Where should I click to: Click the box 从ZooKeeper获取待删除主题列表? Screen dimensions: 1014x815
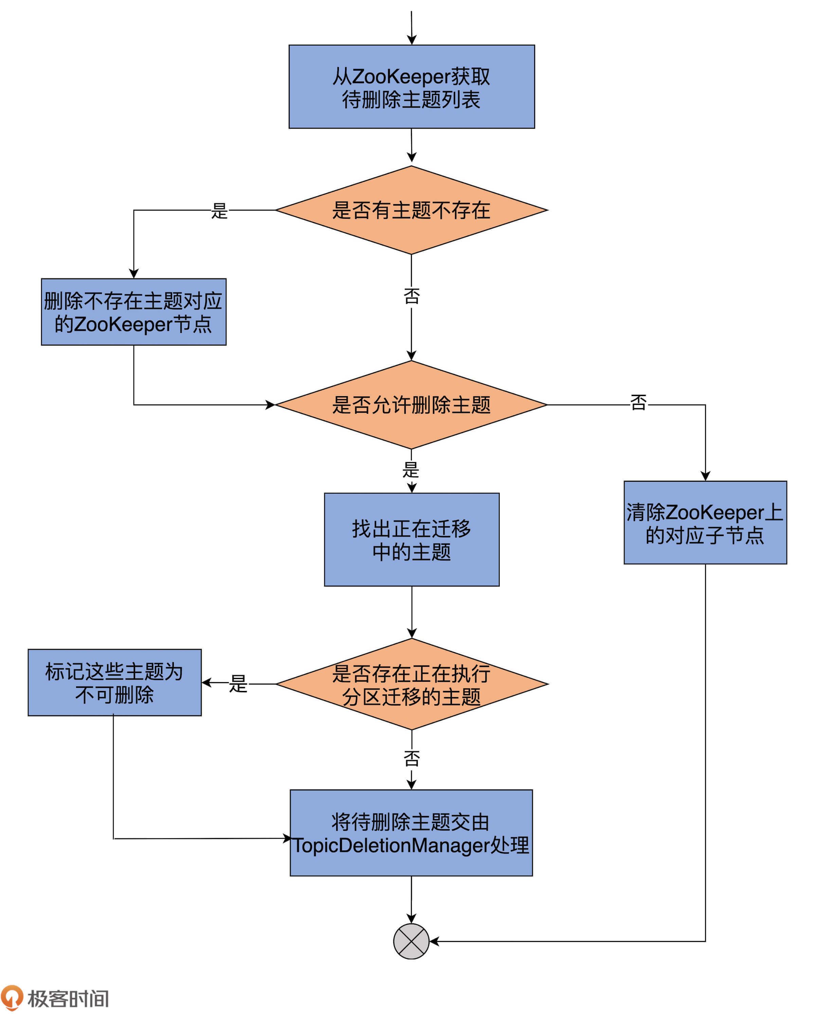412,87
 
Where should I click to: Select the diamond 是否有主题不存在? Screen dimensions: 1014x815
412,210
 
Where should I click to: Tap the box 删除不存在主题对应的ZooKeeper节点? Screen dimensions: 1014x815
133,312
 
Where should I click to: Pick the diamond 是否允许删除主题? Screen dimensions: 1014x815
412,405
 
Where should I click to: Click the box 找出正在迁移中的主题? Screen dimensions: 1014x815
412,539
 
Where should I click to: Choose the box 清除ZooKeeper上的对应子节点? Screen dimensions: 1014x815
705,522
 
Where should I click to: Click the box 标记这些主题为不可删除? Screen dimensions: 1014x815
115,683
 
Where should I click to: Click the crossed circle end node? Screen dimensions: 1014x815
411,942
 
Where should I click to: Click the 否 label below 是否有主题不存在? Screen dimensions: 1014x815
412,296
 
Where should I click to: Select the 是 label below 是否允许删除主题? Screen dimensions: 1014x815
411,470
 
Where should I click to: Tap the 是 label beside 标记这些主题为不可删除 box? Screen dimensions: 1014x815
238,684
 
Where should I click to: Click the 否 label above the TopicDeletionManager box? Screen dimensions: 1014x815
412,759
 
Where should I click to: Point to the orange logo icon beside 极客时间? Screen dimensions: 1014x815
12,997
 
